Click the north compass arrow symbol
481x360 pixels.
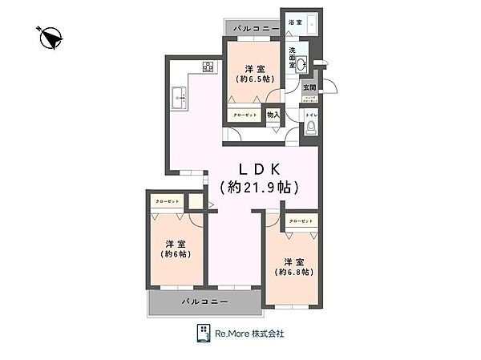click(x=51, y=37)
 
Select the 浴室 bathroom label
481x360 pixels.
click(x=294, y=23)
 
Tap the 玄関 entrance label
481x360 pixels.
click(x=310, y=87)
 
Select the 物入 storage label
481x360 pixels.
click(x=273, y=115)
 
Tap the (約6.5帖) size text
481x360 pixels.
click(x=253, y=79)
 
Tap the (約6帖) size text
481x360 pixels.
click(x=174, y=254)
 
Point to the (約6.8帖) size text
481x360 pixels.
click(x=293, y=272)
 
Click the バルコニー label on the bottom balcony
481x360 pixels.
click(x=204, y=301)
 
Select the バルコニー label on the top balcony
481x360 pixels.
click(x=255, y=30)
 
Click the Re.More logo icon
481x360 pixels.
click(x=204, y=333)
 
